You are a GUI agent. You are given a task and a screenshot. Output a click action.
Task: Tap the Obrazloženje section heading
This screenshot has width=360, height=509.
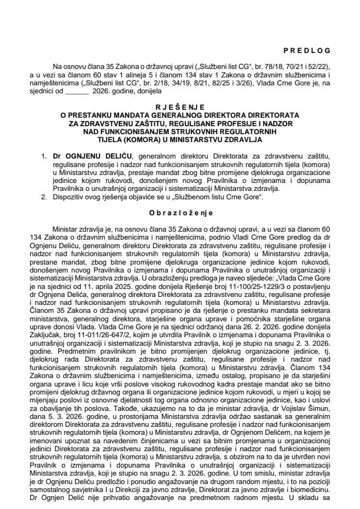[x=179, y=213]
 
